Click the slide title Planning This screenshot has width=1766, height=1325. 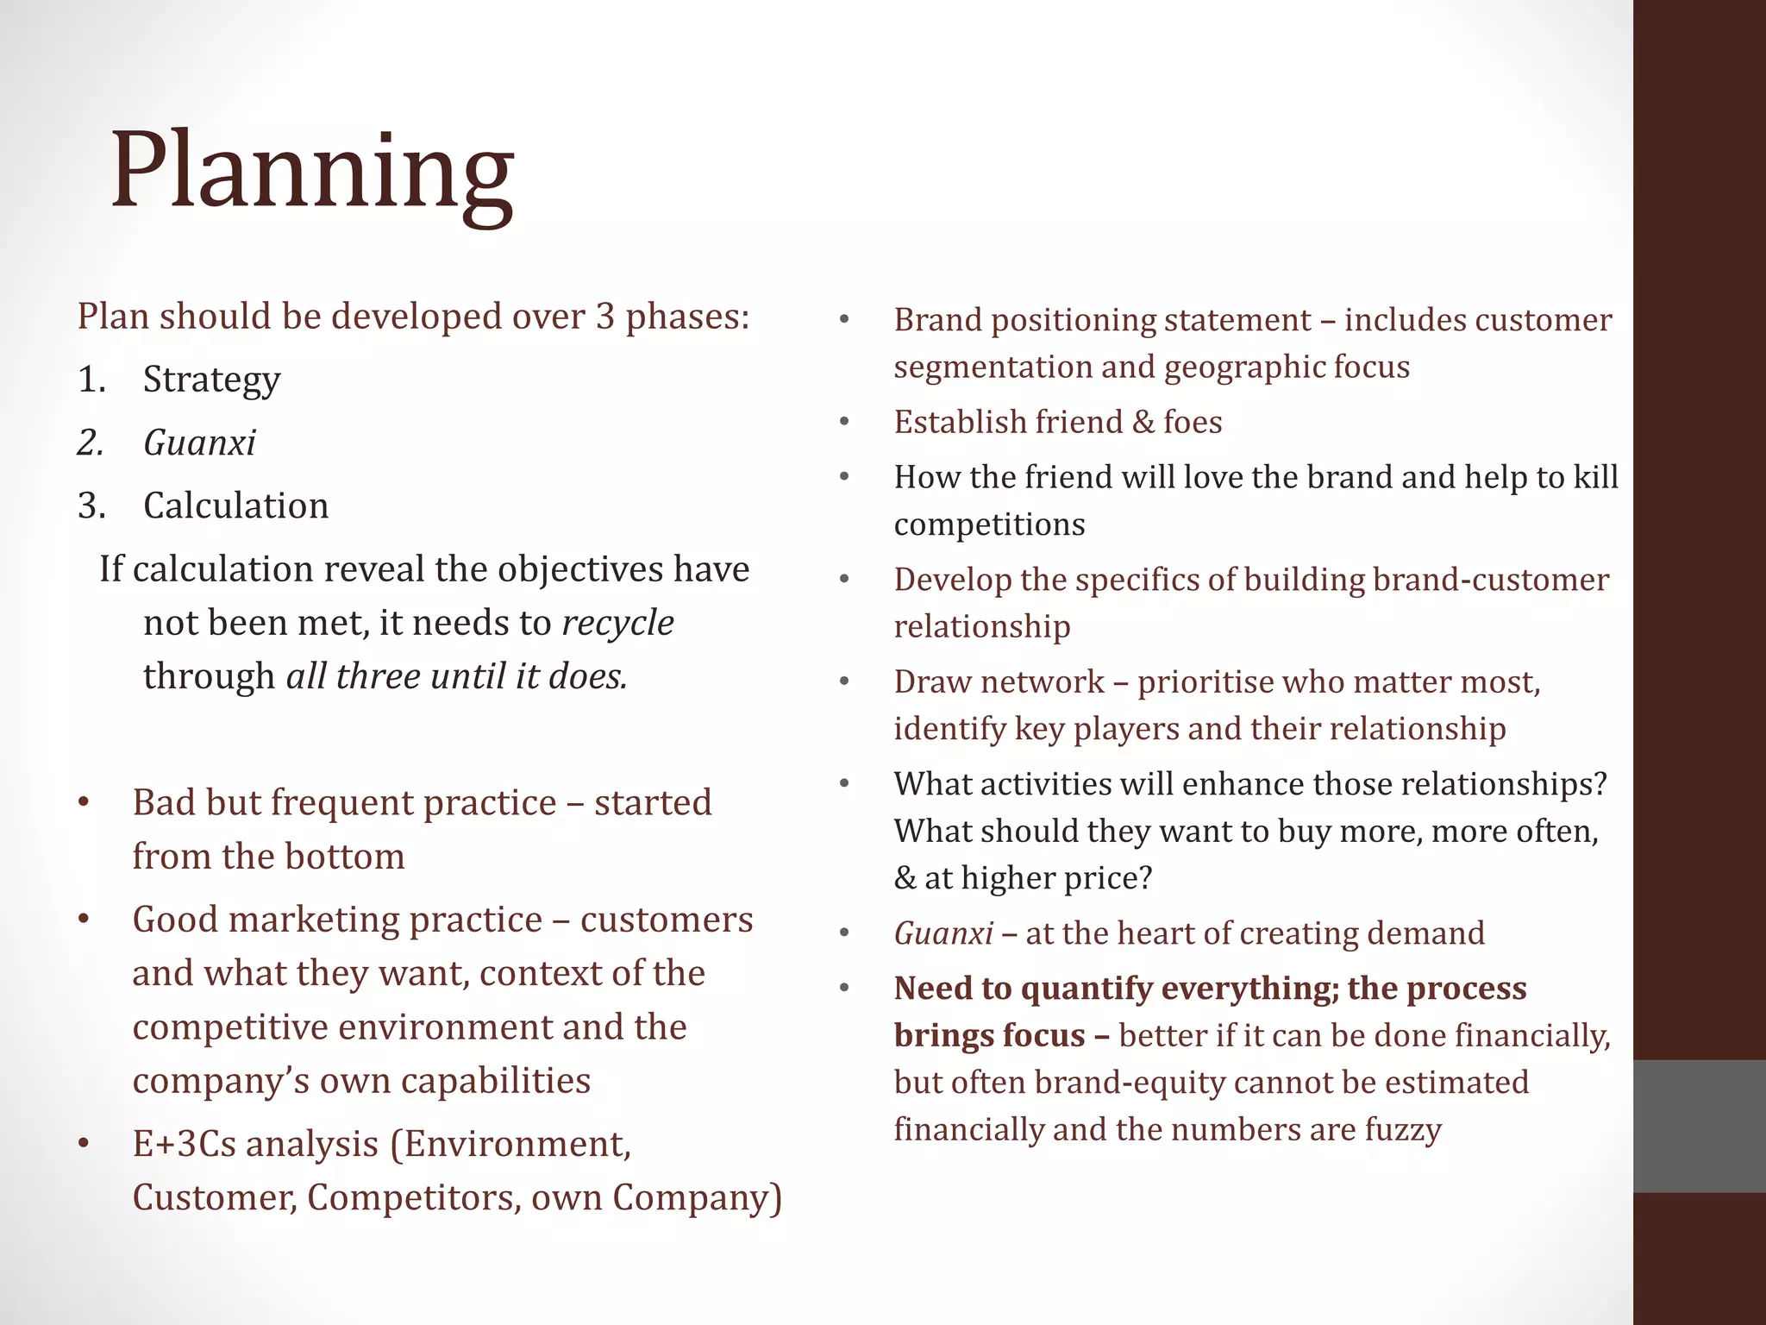312,173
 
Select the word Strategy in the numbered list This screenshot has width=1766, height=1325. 211,380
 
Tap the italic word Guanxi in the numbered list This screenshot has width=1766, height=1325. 199,443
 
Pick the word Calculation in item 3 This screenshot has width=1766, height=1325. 235,506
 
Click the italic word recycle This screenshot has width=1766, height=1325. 617,623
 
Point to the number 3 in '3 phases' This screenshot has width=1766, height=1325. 604,317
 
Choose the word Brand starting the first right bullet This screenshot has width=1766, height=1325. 937,320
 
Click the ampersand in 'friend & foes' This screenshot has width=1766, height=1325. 1143,423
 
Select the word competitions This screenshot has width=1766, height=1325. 989,524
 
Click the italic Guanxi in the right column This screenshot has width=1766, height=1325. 943,933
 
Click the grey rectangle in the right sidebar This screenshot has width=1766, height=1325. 1699,1126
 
